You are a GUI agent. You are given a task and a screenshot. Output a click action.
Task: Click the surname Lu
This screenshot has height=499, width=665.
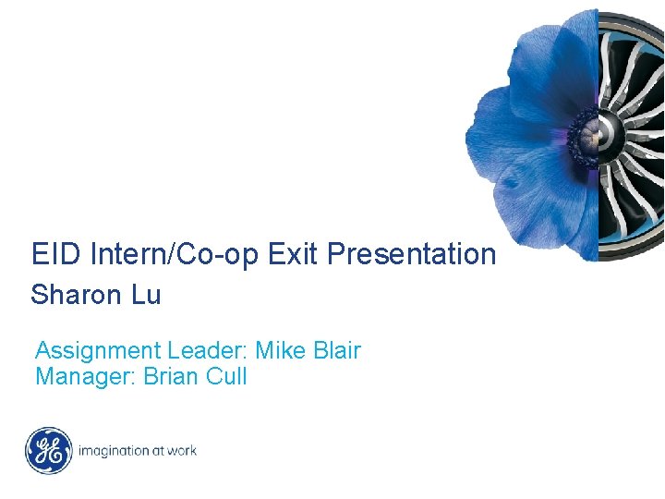click(146, 296)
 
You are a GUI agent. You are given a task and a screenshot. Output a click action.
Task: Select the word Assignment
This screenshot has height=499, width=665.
click(98, 351)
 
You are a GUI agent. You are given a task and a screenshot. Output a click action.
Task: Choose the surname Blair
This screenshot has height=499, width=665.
click(338, 351)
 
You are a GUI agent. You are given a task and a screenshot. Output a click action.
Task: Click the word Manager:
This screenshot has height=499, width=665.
click(86, 377)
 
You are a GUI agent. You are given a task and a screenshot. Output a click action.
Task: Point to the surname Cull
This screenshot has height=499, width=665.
click(227, 377)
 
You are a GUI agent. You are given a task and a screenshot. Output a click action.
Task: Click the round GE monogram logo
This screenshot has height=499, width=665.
click(48, 451)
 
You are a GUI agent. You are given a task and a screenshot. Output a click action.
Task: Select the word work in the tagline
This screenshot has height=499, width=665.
click(181, 451)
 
